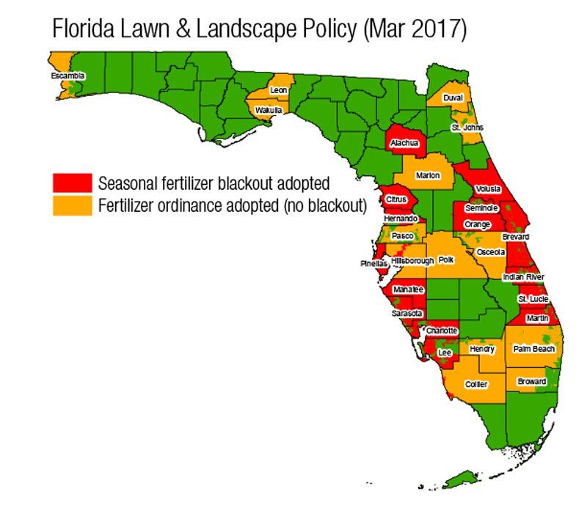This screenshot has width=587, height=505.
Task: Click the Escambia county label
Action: pos(68,75)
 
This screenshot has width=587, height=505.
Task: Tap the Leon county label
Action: pos(278,90)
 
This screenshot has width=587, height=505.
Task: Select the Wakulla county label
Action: pos(268,110)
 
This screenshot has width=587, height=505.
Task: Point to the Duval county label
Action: pos(453,97)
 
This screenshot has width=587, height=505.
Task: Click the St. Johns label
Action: pos(467,128)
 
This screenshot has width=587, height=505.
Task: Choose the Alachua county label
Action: pos(405,143)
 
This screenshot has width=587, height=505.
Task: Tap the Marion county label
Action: pos(427,176)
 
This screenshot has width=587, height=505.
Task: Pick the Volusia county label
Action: pos(488,189)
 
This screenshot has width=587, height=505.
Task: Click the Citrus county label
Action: pos(398,199)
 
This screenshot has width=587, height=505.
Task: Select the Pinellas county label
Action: pos(373,264)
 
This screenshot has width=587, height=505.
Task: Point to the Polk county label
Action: pos(446,260)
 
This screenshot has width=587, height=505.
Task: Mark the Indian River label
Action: pos(523,277)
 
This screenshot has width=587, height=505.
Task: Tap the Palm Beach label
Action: pos(533,349)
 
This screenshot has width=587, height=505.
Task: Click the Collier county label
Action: pos(476,384)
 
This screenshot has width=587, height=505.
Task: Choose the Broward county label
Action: pos(532,382)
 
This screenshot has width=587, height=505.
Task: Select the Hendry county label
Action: pos(482,350)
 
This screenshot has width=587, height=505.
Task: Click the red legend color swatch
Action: pos(72,182)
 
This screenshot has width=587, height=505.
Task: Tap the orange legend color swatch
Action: pos(72,206)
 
